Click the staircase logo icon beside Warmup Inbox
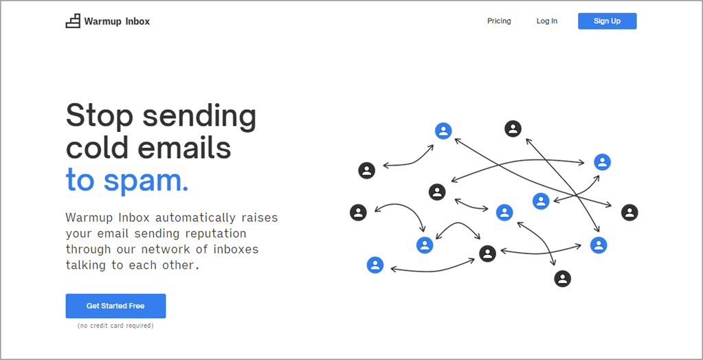[73, 21]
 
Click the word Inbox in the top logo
[137, 21]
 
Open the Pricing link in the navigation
[499, 21]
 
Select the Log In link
[547, 21]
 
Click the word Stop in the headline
[100, 115]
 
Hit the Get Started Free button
[115, 306]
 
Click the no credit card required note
[115, 326]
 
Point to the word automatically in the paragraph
[195, 218]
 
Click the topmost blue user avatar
[443, 131]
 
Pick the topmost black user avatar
[513, 129]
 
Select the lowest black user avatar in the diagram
[562, 278]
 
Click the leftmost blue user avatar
[375, 265]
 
